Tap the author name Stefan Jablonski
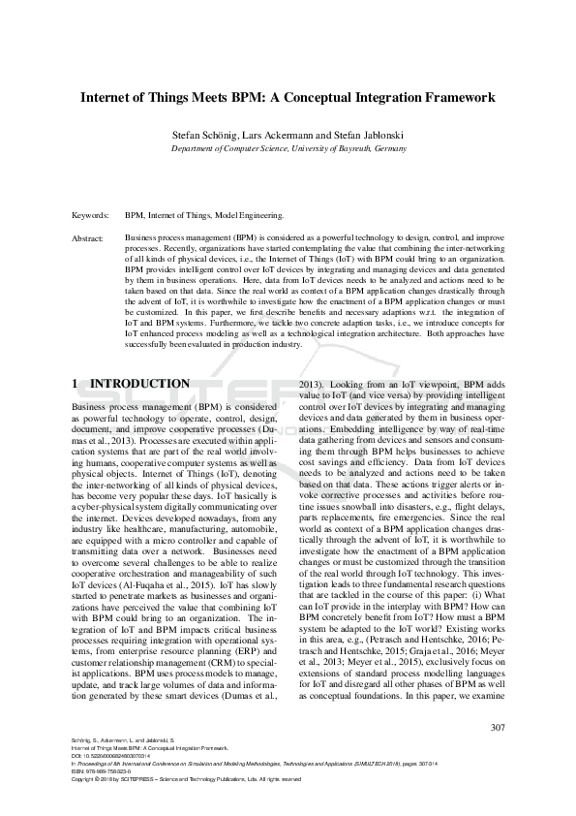click(369, 136)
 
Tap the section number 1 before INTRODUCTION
click(76, 384)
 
